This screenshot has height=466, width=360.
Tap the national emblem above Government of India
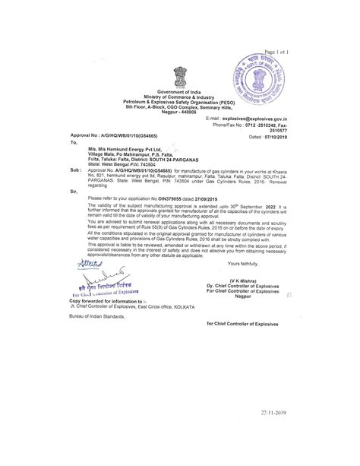pyautogui.click(x=180, y=77)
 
